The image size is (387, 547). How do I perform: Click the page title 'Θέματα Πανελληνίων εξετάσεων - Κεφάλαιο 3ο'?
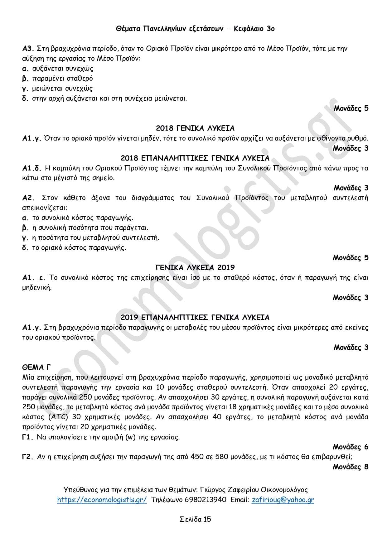coord(195,29)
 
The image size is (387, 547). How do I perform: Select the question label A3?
coord(28,49)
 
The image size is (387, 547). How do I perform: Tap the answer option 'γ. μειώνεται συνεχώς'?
coord(58,89)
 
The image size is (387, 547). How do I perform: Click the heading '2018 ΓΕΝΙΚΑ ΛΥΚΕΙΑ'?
coord(195,128)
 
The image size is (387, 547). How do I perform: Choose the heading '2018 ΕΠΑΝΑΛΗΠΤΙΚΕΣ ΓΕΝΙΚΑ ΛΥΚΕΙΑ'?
coord(195,158)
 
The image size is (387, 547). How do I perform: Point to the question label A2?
coord(28,198)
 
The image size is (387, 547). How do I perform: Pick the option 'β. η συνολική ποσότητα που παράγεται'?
coord(85,228)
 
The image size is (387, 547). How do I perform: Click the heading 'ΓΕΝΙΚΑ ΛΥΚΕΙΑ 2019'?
coord(195,267)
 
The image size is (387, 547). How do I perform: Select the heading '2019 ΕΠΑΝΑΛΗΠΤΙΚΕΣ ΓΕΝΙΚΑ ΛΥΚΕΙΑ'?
coord(195,317)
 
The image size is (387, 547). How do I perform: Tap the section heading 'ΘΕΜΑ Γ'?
coord(36,367)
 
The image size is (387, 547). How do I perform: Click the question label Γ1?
coord(28,437)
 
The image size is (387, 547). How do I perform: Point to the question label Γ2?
coord(28,457)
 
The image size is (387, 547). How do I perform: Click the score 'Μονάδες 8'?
coord(351,467)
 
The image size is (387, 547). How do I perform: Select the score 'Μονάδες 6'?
coord(351,447)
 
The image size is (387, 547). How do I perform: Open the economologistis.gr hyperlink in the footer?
coord(102,500)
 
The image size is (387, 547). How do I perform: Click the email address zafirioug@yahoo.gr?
coord(283,500)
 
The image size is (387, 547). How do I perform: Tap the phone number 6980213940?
coord(206,500)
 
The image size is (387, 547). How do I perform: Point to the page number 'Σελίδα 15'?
coord(195,519)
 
